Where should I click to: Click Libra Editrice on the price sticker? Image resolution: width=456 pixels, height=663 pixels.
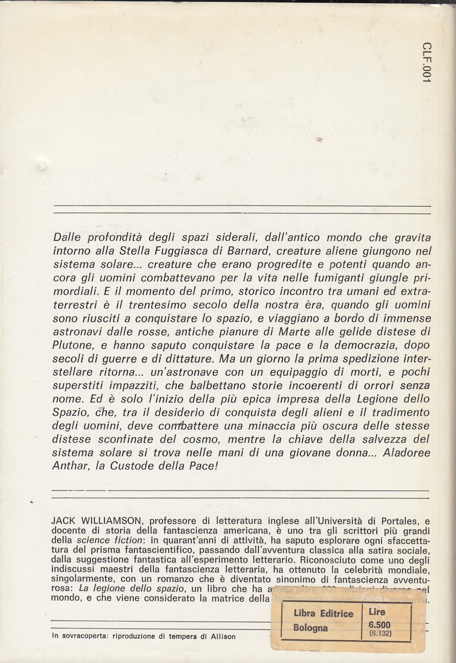pyautogui.click(x=323, y=613)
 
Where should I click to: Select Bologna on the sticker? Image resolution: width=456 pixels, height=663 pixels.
pyautogui.click(x=311, y=628)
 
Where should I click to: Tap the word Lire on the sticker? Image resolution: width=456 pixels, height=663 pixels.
pyautogui.click(x=377, y=612)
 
